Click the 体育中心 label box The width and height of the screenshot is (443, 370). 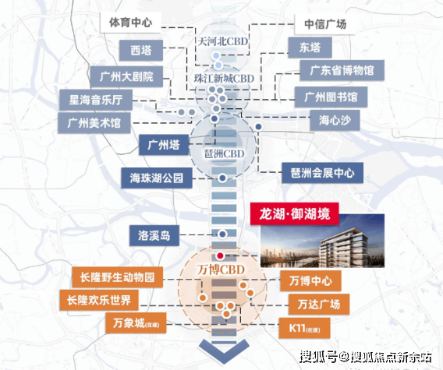130,23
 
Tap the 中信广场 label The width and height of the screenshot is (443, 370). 324,24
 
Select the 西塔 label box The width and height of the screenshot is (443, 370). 141,50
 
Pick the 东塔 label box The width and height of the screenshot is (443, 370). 310,48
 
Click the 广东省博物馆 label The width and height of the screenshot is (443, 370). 342,70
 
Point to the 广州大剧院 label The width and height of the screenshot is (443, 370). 126,76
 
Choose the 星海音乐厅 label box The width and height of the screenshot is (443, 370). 96,100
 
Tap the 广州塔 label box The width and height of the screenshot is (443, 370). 164,145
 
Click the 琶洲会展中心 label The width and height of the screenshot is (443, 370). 322,173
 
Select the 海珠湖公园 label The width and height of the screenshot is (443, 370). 157,178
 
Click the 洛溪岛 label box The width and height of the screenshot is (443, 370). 154,235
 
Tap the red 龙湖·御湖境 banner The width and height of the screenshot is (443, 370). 295,213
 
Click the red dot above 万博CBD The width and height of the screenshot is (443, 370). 220,255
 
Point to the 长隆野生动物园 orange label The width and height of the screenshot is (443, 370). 118,277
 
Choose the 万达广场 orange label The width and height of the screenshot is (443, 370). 319,305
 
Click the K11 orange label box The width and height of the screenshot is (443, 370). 304,328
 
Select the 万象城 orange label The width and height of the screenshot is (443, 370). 136,322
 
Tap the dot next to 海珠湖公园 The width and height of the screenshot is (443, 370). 222,178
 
